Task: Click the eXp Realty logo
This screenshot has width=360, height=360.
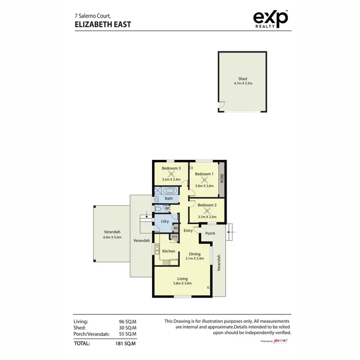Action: pyautogui.click(x=271, y=19)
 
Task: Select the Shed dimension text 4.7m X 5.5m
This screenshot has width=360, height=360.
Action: pyautogui.click(x=242, y=83)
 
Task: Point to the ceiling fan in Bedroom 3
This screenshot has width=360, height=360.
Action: pyautogui.click(x=171, y=175)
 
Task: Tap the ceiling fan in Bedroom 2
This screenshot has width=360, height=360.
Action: pyautogui.click(x=207, y=210)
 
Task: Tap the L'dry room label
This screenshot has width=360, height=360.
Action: pyautogui.click(x=165, y=221)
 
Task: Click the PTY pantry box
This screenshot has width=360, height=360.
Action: pyautogui.click(x=175, y=237)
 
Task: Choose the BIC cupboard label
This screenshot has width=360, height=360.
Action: pyautogui.click(x=176, y=228)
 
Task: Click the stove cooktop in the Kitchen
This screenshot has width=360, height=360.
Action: pyautogui.click(x=166, y=262)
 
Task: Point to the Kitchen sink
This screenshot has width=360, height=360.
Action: pyautogui.click(x=157, y=249)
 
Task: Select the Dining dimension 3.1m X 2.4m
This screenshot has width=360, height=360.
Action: pyautogui.click(x=195, y=258)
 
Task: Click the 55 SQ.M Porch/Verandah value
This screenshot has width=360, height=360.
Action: pyautogui.click(x=127, y=334)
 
